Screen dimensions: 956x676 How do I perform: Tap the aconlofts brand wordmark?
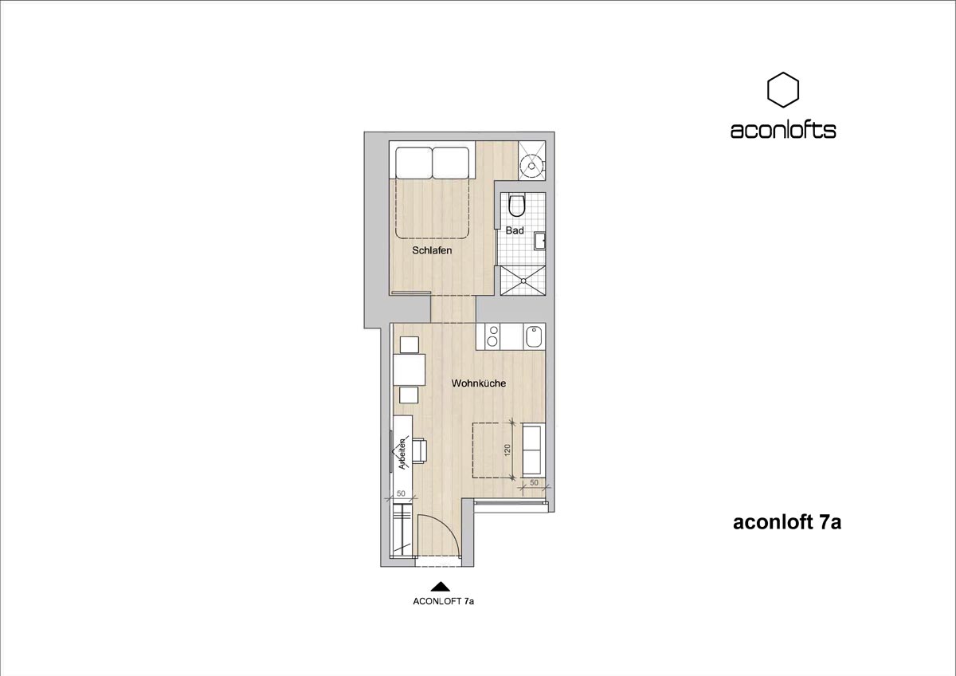click(783, 130)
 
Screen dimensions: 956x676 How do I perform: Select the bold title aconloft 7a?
click(787, 523)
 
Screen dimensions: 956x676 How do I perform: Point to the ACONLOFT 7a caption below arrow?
click(444, 601)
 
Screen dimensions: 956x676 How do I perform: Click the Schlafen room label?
click(432, 250)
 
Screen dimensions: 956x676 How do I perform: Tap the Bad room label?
click(515, 230)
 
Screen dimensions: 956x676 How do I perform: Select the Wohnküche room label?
click(479, 383)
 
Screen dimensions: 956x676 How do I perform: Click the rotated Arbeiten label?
click(104, 454)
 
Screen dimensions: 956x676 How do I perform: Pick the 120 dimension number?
click(507, 450)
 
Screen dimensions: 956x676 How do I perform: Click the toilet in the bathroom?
click(517, 205)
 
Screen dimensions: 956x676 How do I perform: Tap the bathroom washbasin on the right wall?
click(540, 242)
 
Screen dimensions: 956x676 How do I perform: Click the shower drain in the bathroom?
click(523, 281)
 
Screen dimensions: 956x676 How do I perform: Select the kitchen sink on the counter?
click(534, 337)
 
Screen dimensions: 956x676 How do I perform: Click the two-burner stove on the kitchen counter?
click(493, 336)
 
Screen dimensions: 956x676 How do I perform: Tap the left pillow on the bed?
click(413, 163)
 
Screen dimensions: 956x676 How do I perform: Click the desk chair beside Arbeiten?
click(120, 451)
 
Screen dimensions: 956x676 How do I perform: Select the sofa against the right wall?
click(534, 450)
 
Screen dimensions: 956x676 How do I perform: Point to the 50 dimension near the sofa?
click(534, 482)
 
